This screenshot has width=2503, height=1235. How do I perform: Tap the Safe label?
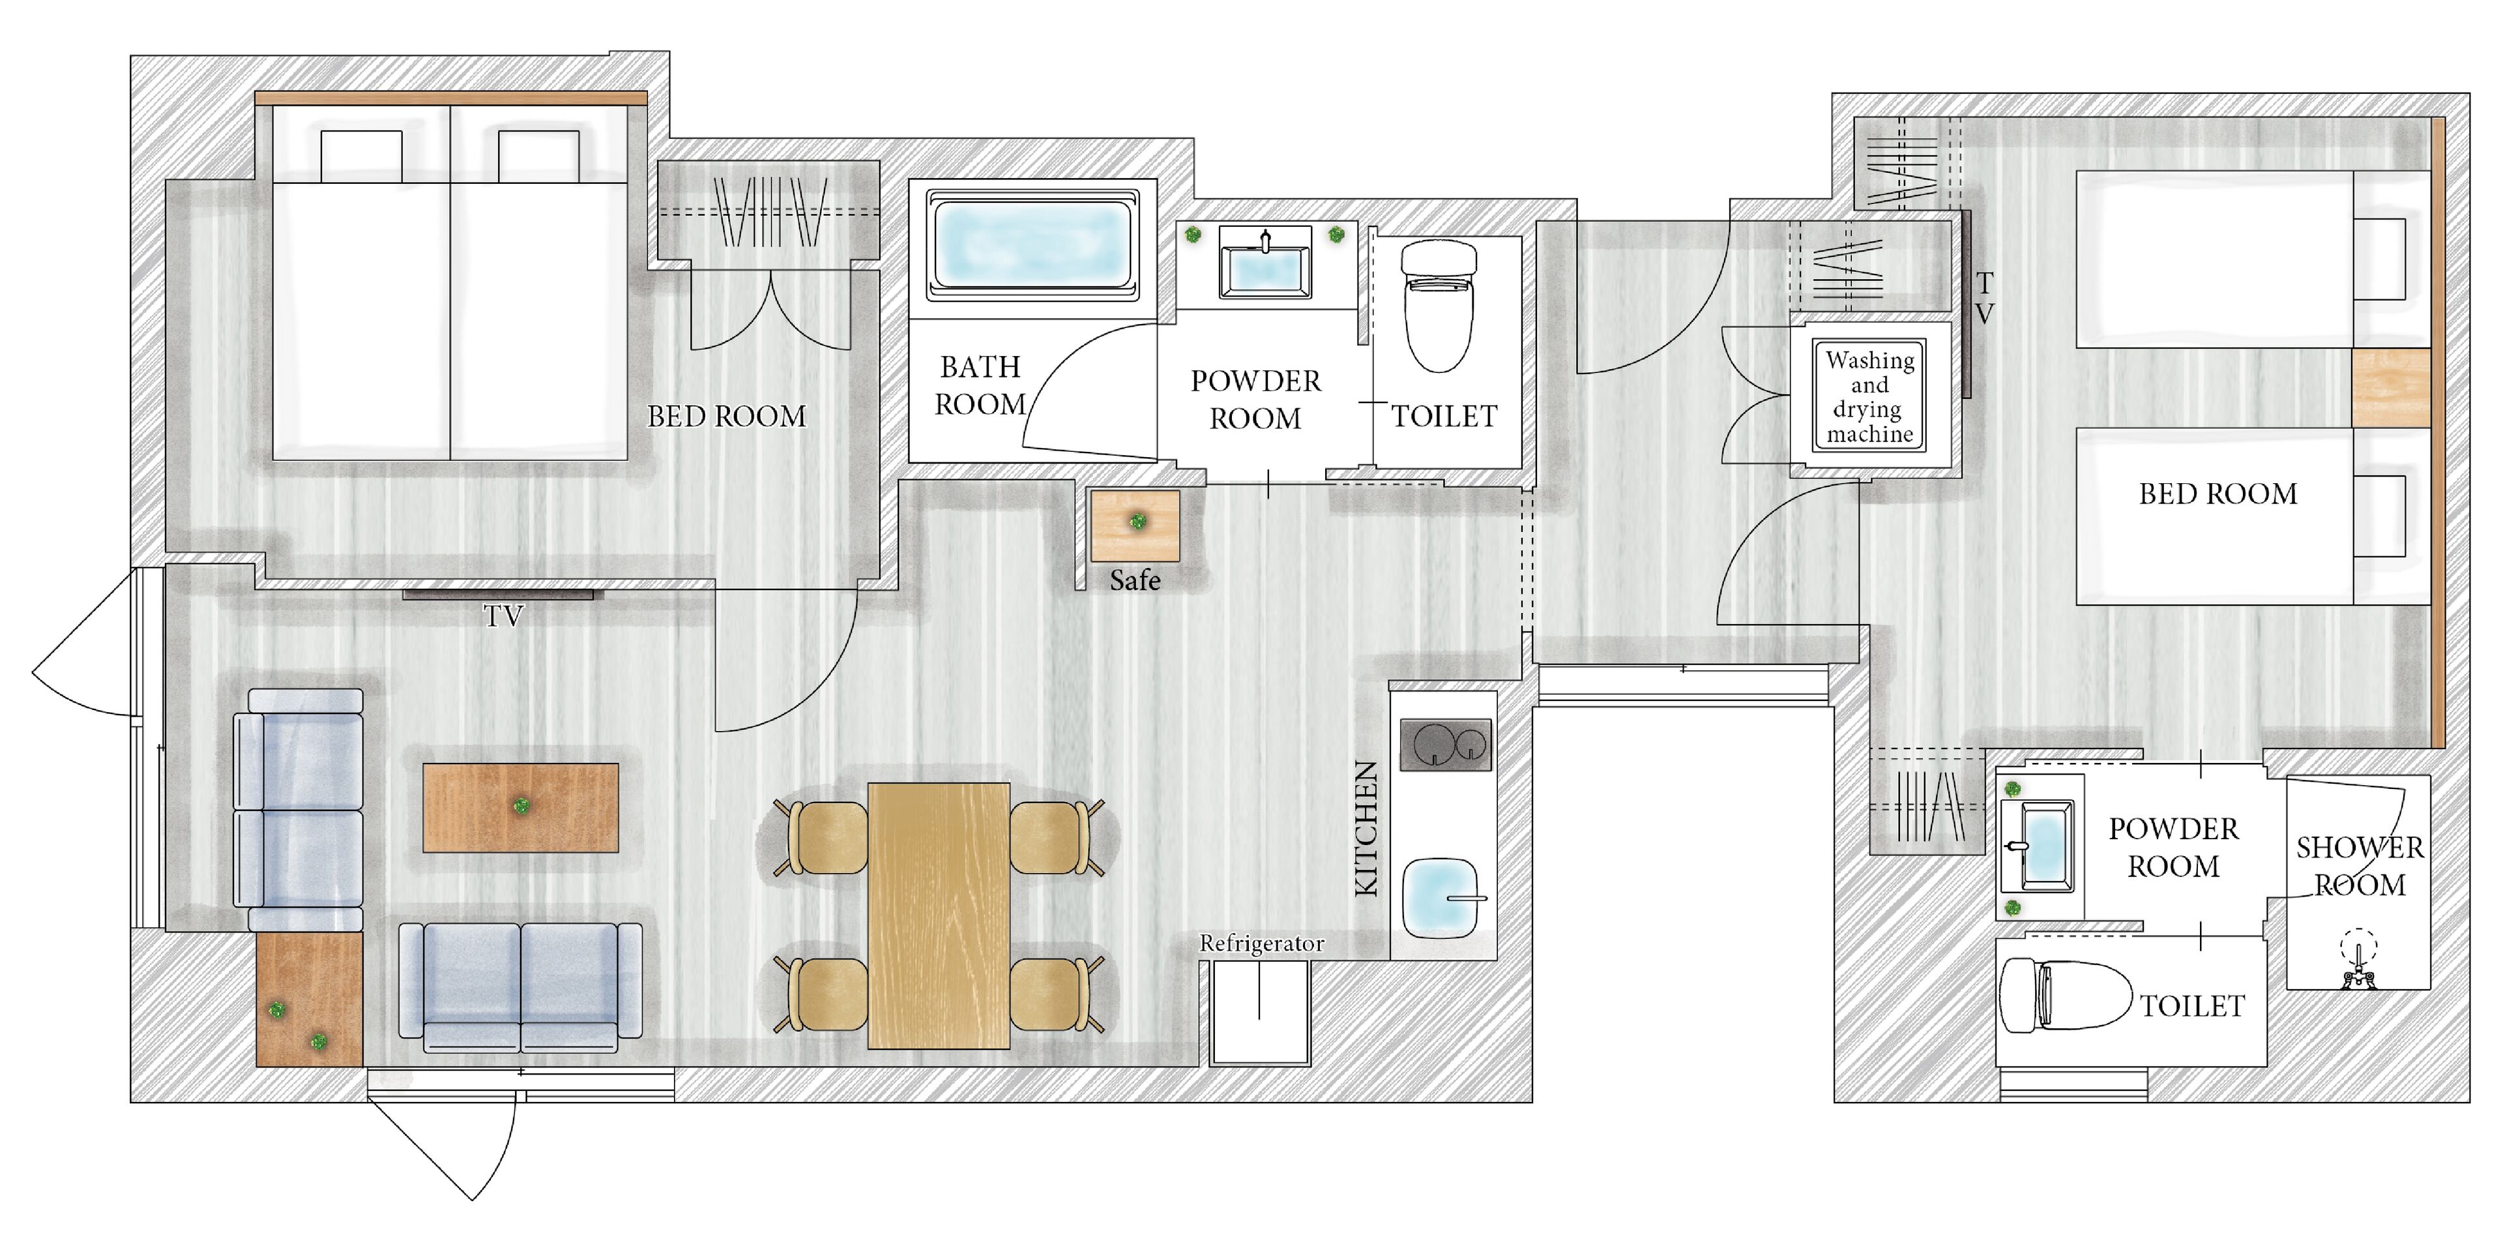click(1135, 580)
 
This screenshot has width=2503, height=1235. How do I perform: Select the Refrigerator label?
click(1261, 944)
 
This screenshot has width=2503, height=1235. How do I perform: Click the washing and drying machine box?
click(1869, 396)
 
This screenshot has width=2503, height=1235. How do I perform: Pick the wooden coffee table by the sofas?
click(521, 807)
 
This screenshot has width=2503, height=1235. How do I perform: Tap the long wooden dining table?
click(939, 915)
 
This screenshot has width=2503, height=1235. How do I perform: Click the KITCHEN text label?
click(1366, 828)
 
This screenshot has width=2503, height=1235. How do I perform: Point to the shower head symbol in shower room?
click(2358, 962)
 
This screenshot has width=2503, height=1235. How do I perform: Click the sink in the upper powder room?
click(1264, 263)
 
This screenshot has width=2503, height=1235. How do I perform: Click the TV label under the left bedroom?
click(503, 616)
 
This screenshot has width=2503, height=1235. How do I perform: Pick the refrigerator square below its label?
click(1260, 1013)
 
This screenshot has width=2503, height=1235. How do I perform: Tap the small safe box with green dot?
click(1135, 526)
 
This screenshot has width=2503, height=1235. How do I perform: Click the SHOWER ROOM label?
click(2359, 867)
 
